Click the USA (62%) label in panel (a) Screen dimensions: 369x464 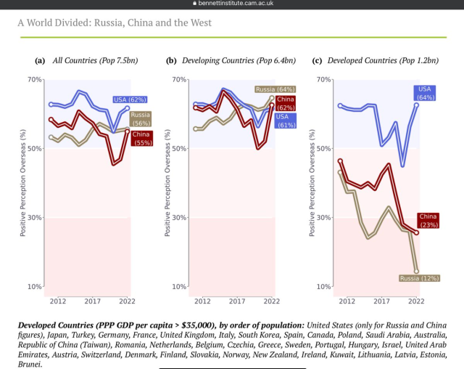[x=130, y=99]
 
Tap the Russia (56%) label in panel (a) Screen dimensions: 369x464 [x=140, y=118]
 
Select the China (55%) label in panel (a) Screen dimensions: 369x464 [x=141, y=138]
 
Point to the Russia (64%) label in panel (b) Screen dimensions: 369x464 [x=270, y=89]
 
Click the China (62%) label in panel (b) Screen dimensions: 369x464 [x=285, y=103]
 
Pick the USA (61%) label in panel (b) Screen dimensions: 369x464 [x=282, y=121]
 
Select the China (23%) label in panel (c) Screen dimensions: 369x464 [x=428, y=221]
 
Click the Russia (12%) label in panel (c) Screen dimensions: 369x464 [x=419, y=277]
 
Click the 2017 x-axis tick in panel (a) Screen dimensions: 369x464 [x=92, y=300]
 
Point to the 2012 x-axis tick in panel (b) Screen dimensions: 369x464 [x=202, y=300]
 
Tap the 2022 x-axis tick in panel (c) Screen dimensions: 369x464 [x=416, y=300]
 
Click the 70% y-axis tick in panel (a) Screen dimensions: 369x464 [x=35, y=79]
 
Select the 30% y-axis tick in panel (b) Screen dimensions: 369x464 [x=179, y=218]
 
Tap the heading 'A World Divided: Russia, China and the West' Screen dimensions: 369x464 [x=115, y=23]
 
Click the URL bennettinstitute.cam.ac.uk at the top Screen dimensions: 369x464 [x=236, y=4]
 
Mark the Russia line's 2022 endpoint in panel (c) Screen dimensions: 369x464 [x=416, y=270]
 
